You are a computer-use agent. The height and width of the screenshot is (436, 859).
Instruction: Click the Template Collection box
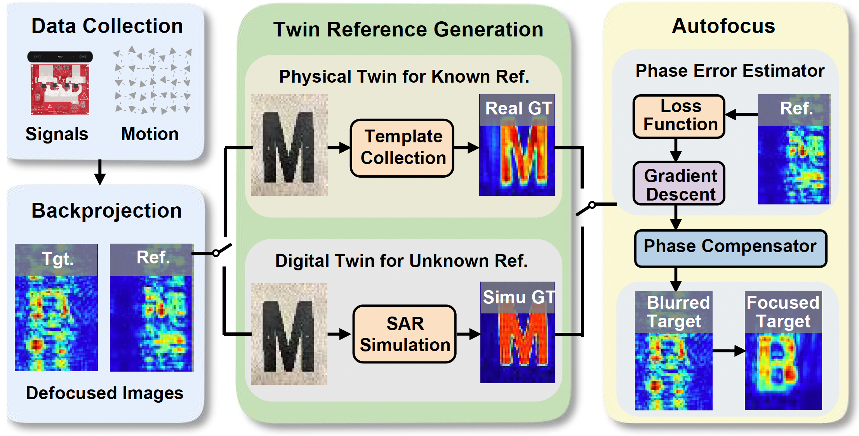(402, 148)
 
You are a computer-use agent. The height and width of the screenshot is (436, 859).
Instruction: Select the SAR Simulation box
(404, 334)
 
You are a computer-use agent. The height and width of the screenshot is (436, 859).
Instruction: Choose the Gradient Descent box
(679, 183)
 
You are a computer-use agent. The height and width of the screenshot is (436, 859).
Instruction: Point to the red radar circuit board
(60, 89)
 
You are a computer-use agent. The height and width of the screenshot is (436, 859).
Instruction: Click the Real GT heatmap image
(517, 145)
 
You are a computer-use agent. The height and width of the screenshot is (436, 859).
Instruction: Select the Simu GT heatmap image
(518, 333)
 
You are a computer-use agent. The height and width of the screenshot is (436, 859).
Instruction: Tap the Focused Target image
(783, 351)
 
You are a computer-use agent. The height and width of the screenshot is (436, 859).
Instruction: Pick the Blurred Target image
(673, 351)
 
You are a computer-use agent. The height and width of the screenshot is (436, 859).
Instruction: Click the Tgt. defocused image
(56, 308)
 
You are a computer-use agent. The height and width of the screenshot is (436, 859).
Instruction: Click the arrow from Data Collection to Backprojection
(100, 172)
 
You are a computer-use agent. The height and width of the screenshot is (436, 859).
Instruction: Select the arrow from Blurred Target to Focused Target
(729, 351)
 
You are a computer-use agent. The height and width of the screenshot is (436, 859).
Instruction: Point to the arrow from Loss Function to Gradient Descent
(676, 150)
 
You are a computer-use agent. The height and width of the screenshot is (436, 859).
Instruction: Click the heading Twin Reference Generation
(408, 29)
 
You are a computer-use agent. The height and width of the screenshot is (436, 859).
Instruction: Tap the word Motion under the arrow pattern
(150, 134)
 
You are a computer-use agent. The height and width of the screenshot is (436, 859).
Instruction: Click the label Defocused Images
(104, 393)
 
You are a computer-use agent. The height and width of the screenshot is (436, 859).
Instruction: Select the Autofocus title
(723, 26)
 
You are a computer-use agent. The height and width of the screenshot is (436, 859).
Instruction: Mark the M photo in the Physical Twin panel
(289, 145)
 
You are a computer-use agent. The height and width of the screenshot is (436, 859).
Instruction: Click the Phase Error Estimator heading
(730, 71)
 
